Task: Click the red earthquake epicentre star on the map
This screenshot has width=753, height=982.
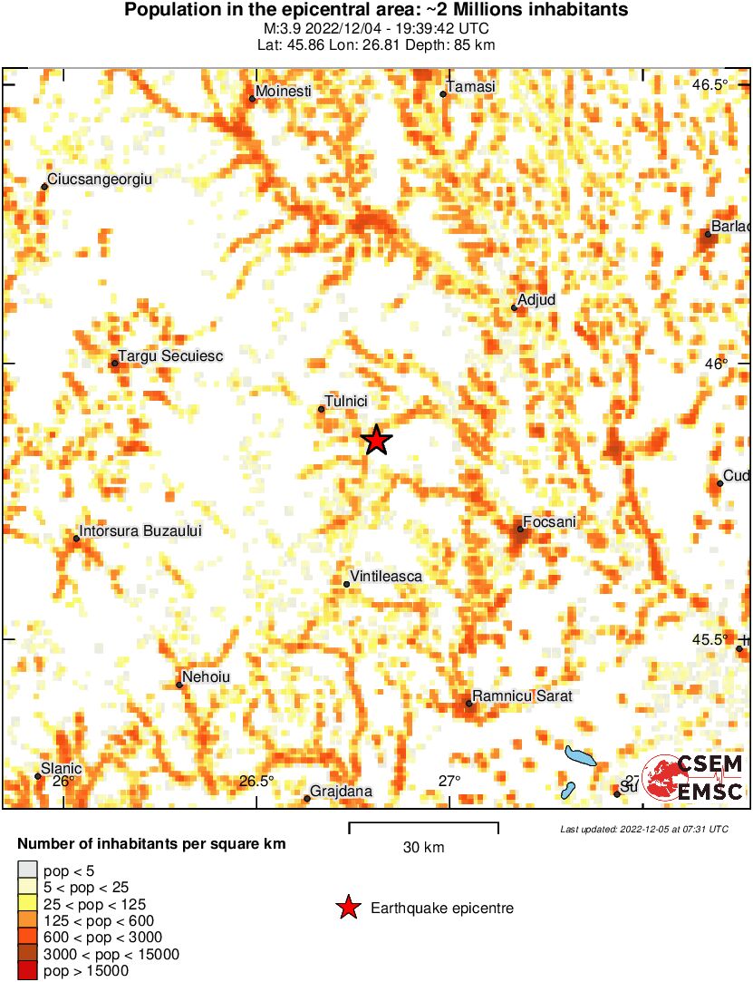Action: coord(376,441)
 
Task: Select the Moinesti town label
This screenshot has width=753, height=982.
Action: coord(284,92)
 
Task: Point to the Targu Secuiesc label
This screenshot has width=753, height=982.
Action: coord(171,356)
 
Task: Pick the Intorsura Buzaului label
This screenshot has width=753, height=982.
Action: coord(140,531)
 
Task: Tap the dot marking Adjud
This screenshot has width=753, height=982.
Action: coord(514,307)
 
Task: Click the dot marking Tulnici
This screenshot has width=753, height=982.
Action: coord(321,409)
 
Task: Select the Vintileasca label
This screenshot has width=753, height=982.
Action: coord(386,577)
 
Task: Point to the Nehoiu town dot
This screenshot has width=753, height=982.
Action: coord(179,685)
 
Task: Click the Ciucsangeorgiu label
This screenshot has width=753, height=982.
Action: coord(100,180)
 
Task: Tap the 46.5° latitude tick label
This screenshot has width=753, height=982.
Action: coord(710,85)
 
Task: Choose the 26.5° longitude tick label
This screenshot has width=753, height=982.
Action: coord(256,782)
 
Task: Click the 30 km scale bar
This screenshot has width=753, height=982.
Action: coord(423,826)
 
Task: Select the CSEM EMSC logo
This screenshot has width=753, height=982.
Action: coord(693,779)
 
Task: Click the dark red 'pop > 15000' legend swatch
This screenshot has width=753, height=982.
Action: coord(27,971)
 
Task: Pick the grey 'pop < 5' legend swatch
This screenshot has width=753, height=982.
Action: coord(27,871)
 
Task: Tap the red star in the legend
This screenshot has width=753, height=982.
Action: coord(347,908)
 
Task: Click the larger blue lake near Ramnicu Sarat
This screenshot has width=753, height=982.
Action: coord(579,755)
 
